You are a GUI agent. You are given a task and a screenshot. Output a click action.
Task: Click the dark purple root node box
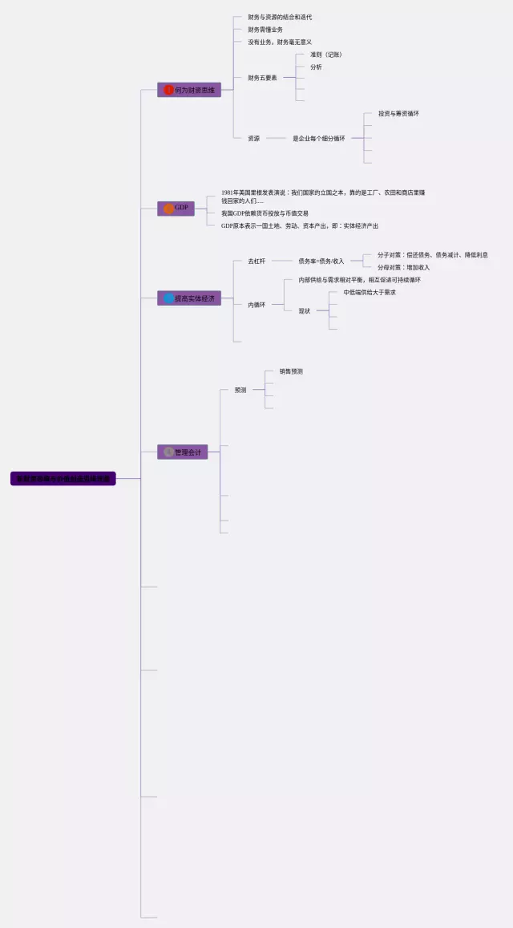click(x=63, y=479)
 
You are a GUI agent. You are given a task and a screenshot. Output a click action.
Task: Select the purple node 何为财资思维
click(x=189, y=90)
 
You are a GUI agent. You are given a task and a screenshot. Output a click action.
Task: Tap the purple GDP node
click(x=176, y=209)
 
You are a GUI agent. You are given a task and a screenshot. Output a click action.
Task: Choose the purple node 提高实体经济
click(x=189, y=298)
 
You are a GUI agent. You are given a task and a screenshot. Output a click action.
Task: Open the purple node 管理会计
click(x=183, y=452)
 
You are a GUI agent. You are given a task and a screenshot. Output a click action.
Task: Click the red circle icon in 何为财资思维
click(x=168, y=90)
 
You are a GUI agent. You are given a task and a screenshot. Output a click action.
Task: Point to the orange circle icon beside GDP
click(x=168, y=209)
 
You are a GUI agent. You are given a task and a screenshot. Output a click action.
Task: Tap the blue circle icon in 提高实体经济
click(x=168, y=298)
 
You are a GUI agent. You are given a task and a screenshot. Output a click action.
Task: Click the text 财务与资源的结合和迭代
click(x=280, y=17)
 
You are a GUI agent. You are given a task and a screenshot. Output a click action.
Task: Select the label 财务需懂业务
click(x=265, y=30)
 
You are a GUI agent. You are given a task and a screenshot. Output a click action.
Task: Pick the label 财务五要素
click(x=262, y=78)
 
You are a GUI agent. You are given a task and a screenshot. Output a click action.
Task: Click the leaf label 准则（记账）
click(x=326, y=55)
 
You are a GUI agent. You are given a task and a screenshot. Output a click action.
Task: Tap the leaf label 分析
click(x=316, y=67)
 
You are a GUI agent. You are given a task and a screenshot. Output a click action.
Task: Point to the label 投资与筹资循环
click(x=398, y=114)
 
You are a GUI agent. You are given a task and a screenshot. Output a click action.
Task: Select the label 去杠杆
click(x=256, y=261)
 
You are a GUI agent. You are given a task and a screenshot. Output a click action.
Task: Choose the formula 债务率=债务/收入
click(x=321, y=261)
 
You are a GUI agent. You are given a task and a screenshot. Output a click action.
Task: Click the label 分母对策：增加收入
click(x=403, y=267)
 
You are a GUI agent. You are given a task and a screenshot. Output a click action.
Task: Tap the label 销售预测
click(x=291, y=371)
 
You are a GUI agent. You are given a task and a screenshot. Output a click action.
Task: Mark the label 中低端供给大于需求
click(x=370, y=293)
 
